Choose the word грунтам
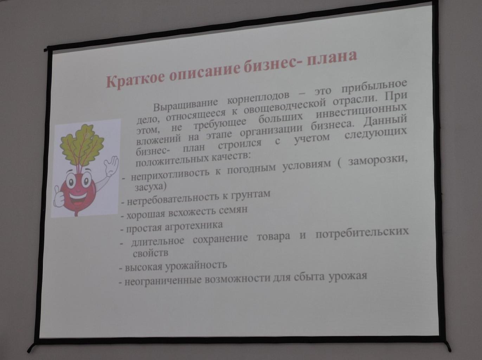250,194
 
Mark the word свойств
150,253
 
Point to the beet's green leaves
81,144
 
